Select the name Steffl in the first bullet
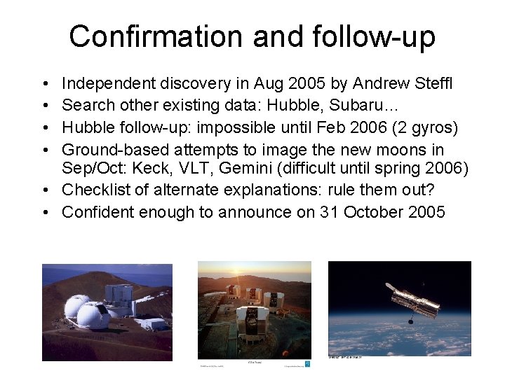pos(432,85)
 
